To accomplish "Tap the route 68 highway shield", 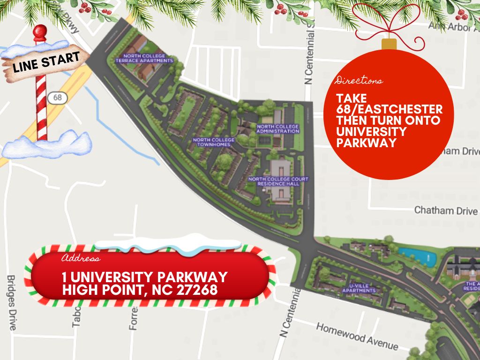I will [x=57, y=97].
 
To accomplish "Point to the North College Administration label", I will [x=278, y=128].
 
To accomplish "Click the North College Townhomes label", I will [x=214, y=142].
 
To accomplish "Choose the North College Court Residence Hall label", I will [x=278, y=181].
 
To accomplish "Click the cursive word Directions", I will [x=359, y=81].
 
